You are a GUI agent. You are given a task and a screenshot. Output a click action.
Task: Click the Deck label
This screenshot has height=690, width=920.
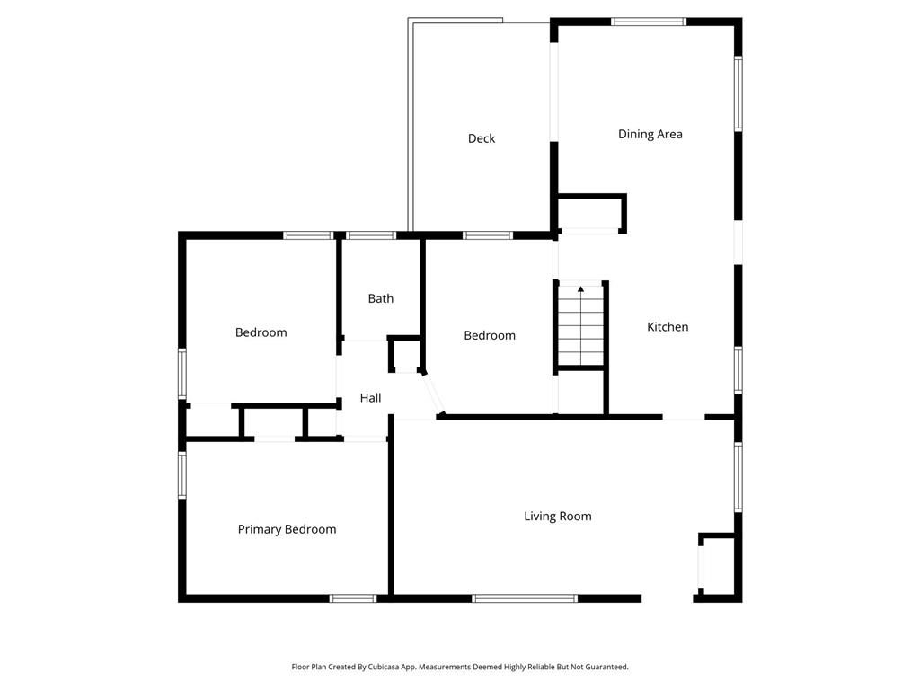click(x=482, y=138)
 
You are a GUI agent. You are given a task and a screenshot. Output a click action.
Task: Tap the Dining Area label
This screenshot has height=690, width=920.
click(x=650, y=135)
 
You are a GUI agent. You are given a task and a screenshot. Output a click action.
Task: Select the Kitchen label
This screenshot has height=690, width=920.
click(x=668, y=327)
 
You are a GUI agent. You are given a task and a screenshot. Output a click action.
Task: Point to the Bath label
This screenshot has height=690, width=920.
click(x=380, y=298)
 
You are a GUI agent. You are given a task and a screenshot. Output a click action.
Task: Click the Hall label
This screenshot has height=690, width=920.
click(x=370, y=398)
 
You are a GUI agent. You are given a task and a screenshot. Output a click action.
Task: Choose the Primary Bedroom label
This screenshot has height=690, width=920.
click(x=287, y=530)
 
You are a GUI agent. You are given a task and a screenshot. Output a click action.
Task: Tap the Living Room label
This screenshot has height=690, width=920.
click(x=557, y=517)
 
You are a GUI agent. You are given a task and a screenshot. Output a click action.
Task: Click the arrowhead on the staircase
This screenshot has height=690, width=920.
click(x=581, y=288)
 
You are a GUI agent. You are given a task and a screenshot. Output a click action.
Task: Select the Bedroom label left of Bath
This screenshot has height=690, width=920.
click(x=261, y=332)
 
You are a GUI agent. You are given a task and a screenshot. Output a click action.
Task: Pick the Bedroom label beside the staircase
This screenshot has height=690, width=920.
click(x=490, y=336)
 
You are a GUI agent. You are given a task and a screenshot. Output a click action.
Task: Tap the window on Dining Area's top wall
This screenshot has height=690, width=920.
click(x=649, y=22)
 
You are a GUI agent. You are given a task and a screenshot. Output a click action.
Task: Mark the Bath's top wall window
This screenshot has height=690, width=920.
click(x=371, y=235)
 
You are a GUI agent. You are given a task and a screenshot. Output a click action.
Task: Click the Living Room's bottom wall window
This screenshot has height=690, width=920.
click(x=525, y=598)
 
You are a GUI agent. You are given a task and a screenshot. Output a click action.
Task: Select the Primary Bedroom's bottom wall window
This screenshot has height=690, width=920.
click(x=352, y=598)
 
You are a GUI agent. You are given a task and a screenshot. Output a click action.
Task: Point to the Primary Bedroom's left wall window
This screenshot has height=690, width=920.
click(x=181, y=475)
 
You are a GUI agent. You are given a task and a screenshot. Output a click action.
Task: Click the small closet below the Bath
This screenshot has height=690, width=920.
click(x=405, y=355)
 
